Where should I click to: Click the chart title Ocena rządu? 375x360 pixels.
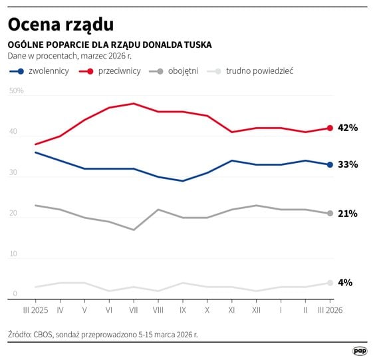click(61, 24)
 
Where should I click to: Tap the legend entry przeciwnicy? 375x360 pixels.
click(119, 71)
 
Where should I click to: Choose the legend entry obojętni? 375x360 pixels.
click(182, 71)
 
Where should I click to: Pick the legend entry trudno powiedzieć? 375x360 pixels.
click(259, 71)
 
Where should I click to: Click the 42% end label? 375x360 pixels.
click(348, 128)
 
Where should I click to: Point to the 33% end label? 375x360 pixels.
click(348, 164)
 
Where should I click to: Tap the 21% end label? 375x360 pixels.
click(348, 214)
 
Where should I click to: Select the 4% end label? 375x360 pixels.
click(345, 282)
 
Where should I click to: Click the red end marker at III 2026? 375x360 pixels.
click(330, 128)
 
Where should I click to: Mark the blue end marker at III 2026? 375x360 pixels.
click(330, 164)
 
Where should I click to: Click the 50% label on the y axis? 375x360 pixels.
click(16, 90)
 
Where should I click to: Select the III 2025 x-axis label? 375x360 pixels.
click(35, 309)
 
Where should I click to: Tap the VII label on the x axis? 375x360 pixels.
click(134, 309)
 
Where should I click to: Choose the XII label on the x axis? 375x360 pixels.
click(255, 309)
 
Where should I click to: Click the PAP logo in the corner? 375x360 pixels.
click(360, 349)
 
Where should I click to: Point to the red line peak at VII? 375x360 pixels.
click(134, 103)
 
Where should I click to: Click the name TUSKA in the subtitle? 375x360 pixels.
click(196, 45)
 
